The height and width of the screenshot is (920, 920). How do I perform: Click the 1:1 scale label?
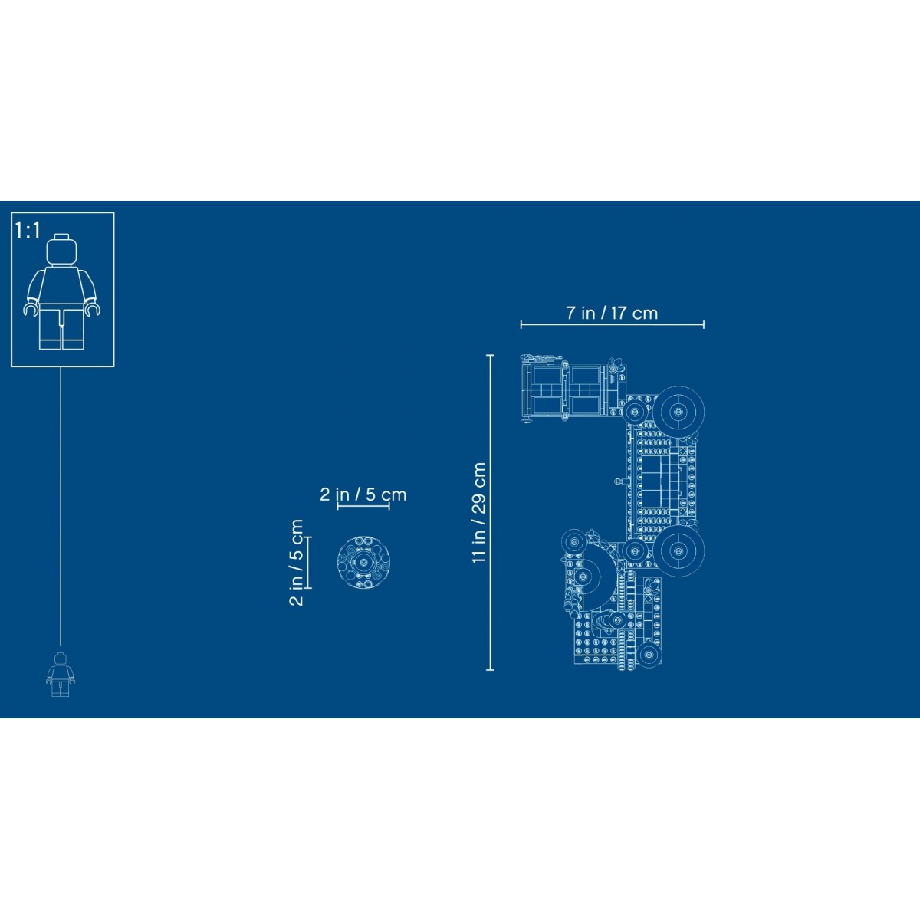(28, 230)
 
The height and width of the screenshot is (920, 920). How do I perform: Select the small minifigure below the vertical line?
(60, 675)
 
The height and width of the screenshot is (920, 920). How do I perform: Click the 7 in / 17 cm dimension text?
(612, 314)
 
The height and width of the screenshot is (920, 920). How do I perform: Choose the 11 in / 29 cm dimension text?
(478, 513)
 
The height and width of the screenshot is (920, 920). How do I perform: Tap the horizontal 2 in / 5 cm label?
(363, 495)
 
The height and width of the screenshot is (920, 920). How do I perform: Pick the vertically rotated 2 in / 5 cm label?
(296, 563)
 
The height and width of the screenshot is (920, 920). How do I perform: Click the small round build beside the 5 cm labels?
(364, 563)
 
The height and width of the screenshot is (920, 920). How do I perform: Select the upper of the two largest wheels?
(678, 412)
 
